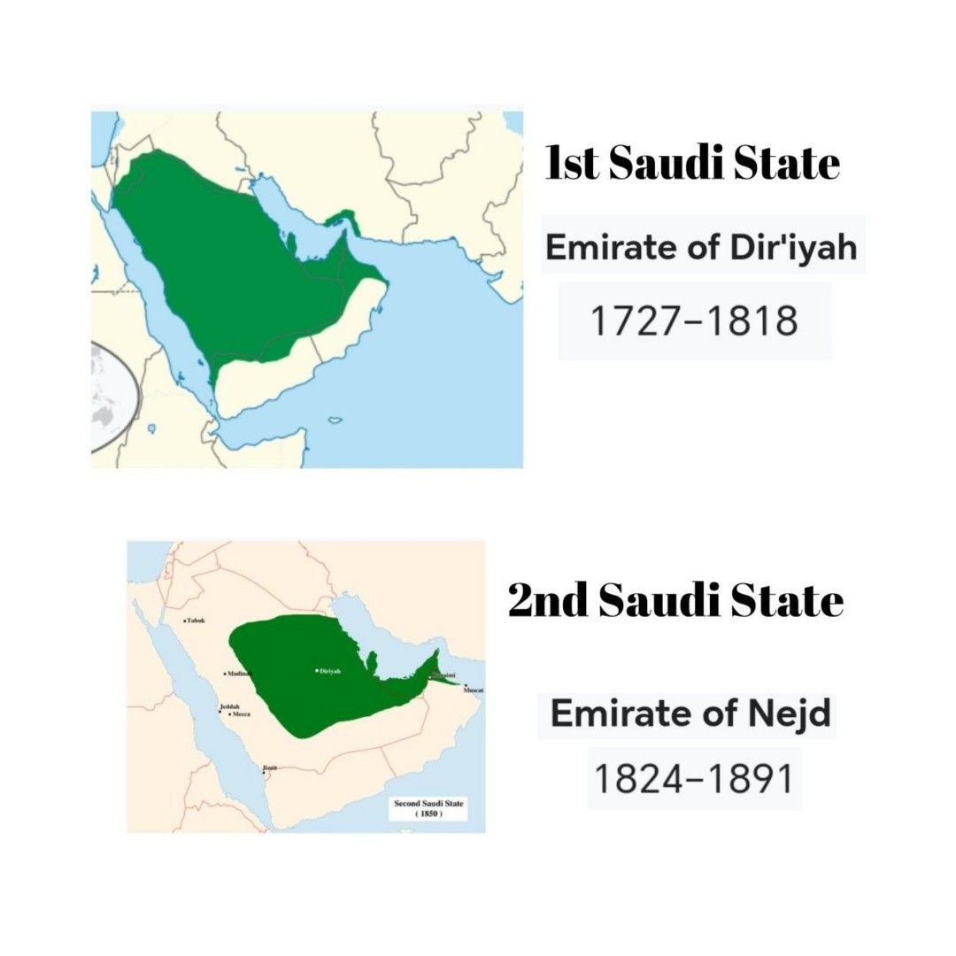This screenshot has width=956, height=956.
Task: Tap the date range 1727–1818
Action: (x=694, y=321)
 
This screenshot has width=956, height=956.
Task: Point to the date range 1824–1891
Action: (x=694, y=779)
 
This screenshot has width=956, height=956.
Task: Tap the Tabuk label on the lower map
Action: (x=195, y=621)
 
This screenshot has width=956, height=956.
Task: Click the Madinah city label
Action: (x=239, y=674)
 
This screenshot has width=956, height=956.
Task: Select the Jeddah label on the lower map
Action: (x=228, y=706)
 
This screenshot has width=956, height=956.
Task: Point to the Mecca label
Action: (x=240, y=713)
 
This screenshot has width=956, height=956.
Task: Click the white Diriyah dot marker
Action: (x=317, y=671)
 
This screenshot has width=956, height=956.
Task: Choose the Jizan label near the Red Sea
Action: (x=269, y=767)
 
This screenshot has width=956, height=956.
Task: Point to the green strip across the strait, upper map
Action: (x=340, y=216)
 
